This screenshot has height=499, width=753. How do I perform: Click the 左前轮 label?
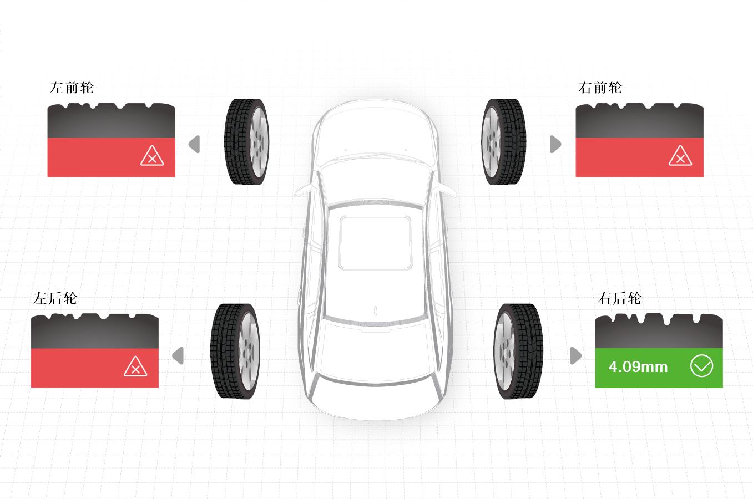tap(72, 87)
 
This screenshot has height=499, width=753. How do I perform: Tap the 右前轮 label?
tap(600, 87)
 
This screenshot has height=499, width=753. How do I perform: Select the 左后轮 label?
tap(55, 298)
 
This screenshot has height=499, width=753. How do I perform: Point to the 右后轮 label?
tap(619, 298)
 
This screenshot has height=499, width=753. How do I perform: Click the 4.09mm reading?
tap(638, 366)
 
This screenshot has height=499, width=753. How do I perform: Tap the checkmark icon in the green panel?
tap(701, 366)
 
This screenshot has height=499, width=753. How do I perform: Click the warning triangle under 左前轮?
tap(152, 156)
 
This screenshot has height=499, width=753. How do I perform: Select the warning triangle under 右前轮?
tap(680, 156)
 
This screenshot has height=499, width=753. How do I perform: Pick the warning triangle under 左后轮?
tap(135, 366)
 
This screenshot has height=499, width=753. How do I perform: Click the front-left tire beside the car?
tap(247, 142)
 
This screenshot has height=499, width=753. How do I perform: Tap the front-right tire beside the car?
tap(503, 142)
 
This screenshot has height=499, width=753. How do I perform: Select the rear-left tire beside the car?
tap(235, 352)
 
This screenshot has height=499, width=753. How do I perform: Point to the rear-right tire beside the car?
tap(518, 352)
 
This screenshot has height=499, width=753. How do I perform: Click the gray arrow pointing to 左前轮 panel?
tap(194, 144)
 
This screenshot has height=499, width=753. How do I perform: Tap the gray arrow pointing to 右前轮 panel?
tap(555, 144)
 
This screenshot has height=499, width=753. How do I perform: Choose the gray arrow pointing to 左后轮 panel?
tap(178, 355)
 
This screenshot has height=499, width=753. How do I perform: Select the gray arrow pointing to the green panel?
tap(576, 355)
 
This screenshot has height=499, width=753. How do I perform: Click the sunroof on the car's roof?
tap(375, 242)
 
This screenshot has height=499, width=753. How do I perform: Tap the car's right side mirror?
tap(447, 191)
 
